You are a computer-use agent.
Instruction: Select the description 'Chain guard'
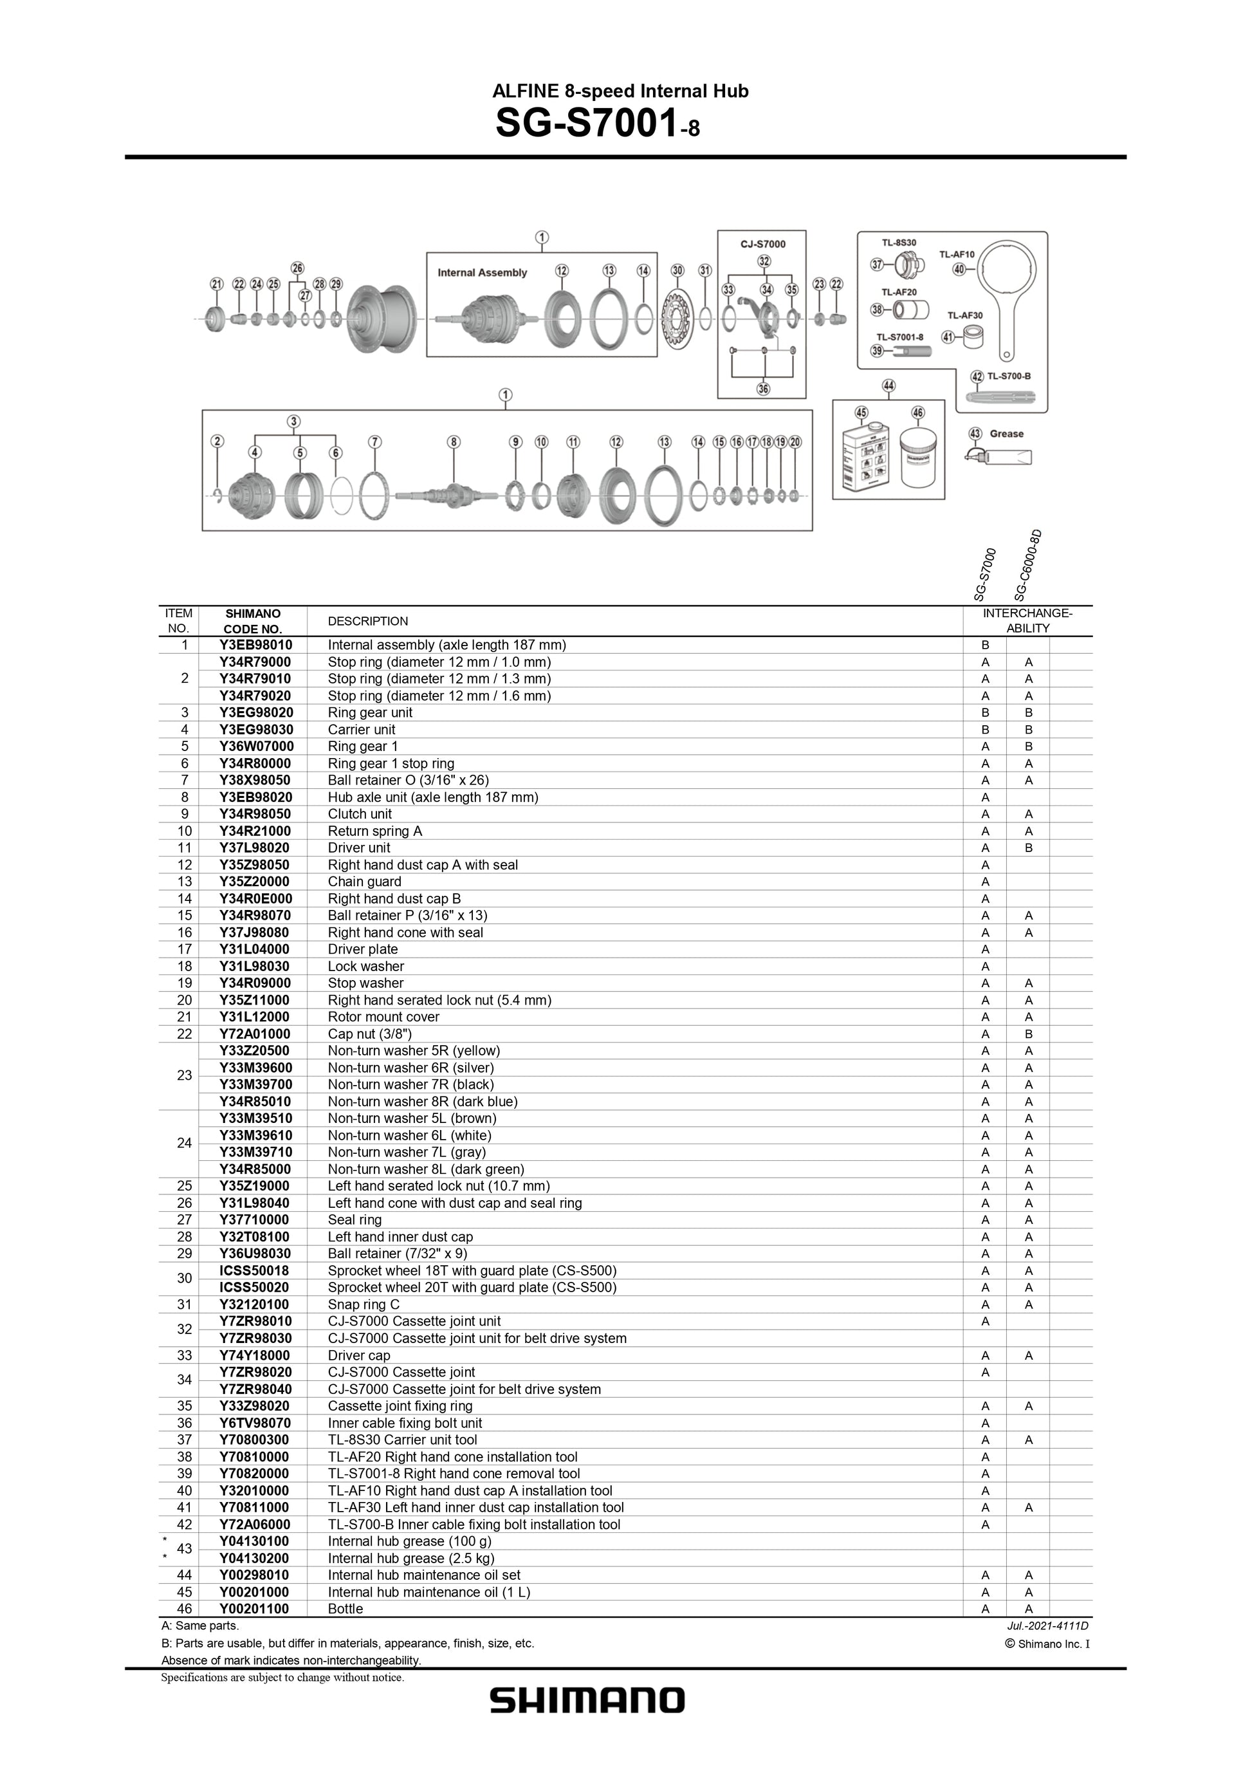[x=365, y=882]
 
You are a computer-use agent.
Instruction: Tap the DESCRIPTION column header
[x=368, y=621]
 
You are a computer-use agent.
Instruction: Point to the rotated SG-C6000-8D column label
[x=1028, y=566]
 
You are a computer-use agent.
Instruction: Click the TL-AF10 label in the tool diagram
[x=957, y=255]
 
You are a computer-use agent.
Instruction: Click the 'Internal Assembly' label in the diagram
[x=482, y=272]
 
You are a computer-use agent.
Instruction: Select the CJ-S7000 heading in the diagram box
[x=763, y=244]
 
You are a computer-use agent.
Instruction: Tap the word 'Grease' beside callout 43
[x=1006, y=434]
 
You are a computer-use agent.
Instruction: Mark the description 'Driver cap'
[x=358, y=1355]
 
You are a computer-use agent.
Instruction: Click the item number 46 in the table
[x=184, y=1609]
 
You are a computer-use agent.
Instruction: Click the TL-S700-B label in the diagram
[x=1009, y=376]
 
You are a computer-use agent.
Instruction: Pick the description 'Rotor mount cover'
[x=383, y=1017]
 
